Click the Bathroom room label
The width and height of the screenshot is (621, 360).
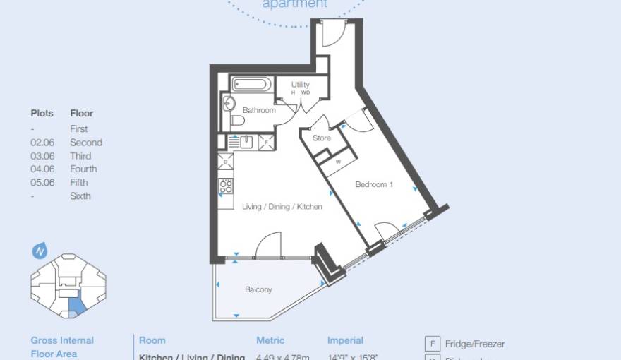[259, 111]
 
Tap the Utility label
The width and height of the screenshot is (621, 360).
[301, 85]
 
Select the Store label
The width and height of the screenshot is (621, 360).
[322, 138]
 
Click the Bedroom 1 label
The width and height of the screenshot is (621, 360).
[374, 185]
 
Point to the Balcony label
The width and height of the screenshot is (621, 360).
[258, 290]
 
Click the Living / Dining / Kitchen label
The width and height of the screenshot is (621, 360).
[282, 207]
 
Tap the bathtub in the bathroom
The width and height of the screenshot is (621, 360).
[250, 85]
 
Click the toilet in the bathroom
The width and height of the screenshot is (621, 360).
[237, 121]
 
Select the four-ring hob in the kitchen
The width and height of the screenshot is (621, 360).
[226, 186]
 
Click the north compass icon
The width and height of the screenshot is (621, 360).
[40, 251]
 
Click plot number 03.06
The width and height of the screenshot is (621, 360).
[42, 156]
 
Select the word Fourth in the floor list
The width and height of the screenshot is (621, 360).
[83, 169]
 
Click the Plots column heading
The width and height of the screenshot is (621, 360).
[42, 113]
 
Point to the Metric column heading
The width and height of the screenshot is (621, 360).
[270, 341]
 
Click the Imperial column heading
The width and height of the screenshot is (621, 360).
[345, 341]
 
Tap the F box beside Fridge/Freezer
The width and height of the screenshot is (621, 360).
[432, 344]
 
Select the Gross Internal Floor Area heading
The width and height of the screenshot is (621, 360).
[62, 347]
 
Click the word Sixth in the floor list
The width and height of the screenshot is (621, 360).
[80, 196]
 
